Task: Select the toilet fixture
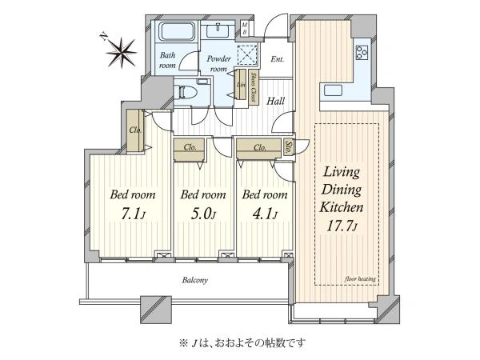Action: (x=186, y=91)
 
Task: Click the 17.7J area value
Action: (x=343, y=226)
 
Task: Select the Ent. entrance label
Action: (x=278, y=59)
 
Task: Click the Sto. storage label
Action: (x=288, y=146)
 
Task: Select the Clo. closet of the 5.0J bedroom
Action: (x=190, y=148)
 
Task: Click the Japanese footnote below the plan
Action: (x=239, y=342)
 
